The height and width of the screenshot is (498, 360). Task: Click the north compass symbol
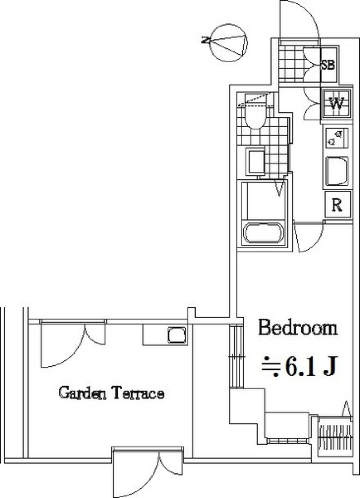[229, 43]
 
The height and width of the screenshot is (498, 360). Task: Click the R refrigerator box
[337, 205]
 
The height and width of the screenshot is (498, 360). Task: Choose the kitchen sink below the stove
[336, 171]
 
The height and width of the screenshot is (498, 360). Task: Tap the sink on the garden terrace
[176, 335]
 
